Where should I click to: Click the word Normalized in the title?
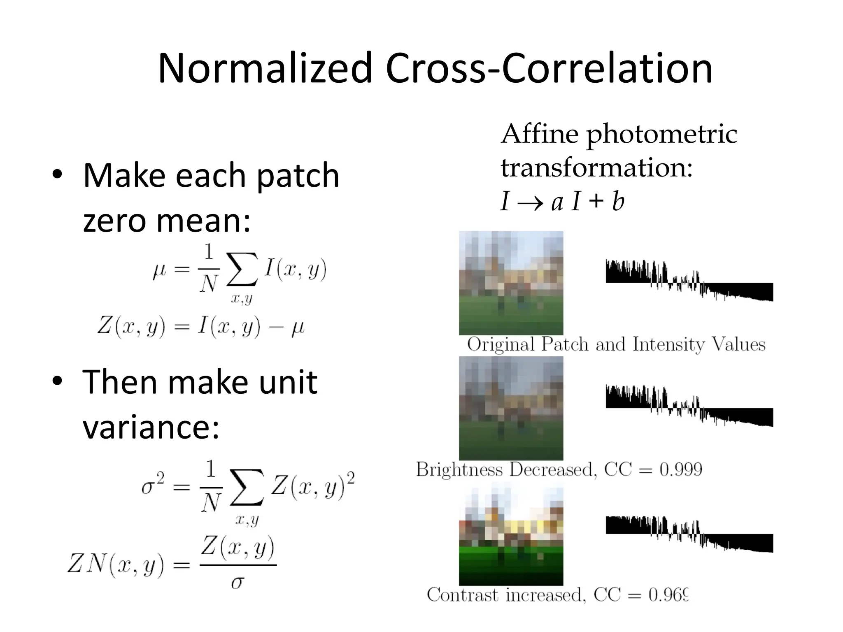[x=265, y=68]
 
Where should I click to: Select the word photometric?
[x=661, y=135]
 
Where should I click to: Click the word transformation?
[x=596, y=168]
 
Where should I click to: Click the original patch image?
[x=511, y=283]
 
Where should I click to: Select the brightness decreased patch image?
[x=511, y=408]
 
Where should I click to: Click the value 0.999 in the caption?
[x=681, y=469]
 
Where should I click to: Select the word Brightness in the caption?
[x=459, y=469]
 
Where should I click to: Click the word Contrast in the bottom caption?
[x=462, y=595]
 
